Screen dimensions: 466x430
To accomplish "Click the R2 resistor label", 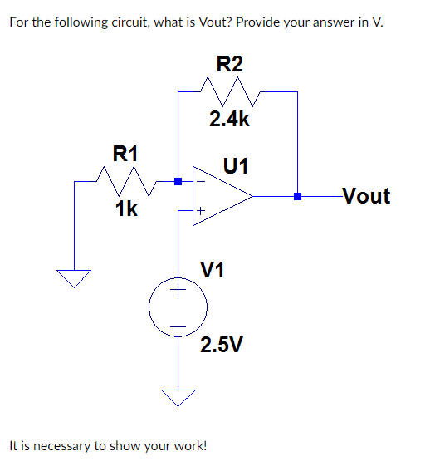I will pos(230,63).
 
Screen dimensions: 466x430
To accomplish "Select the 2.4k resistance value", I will pos(229,120).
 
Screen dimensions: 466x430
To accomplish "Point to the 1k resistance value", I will pos(126,208).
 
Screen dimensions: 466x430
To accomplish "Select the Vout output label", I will pos(365,197).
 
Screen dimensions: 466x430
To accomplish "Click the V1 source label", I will pos(213,269).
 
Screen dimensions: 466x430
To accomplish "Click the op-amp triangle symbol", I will pos(221,197).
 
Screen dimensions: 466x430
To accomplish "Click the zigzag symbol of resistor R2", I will pos(229,88).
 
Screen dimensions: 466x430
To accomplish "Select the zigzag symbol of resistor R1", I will pos(125,179).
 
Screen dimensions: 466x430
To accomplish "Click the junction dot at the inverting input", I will pos(178,180).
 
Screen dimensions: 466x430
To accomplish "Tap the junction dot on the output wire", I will pos(297,197).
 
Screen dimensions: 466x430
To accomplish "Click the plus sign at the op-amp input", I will pos(200,213).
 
